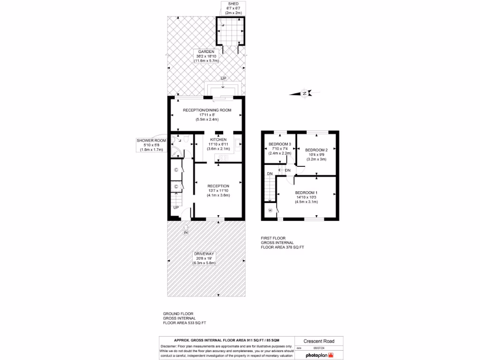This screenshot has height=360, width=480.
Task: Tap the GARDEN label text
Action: point(206,52)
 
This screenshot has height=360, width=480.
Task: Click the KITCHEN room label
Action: point(218,140)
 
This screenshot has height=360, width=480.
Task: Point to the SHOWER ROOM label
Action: point(151,141)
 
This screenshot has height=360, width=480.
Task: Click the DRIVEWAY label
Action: point(204,254)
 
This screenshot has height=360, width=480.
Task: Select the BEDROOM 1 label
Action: point(306,193)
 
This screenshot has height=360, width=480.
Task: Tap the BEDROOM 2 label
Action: point(316,150)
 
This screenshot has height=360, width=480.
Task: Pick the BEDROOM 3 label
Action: point(280,144)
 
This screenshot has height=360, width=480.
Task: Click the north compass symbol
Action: point(305,94)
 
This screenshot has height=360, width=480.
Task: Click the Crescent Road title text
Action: point(313,341)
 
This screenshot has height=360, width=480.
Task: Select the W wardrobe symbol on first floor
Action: point(270,210)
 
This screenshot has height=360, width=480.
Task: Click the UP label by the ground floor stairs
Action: point(176,207)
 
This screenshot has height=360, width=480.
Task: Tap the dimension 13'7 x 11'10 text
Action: point(218,191)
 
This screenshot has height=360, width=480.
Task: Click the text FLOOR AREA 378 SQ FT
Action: point(282,247)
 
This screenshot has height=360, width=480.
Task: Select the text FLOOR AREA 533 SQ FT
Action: point(184,323)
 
